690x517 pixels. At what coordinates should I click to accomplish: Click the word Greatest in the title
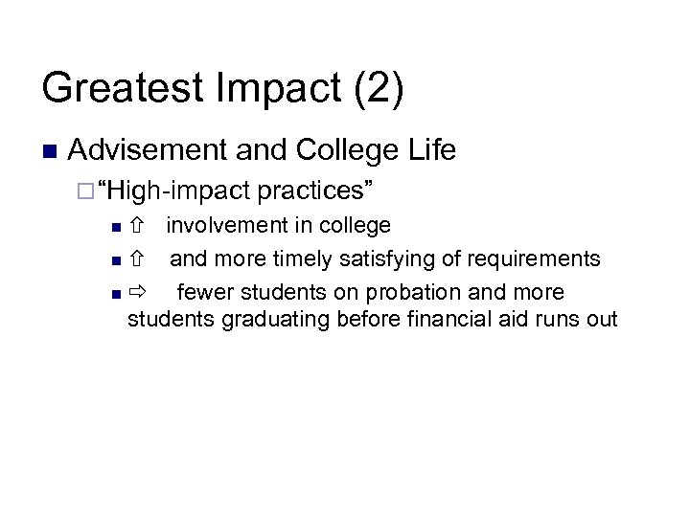coord(121,88)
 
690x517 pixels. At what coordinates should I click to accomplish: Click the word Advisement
coord(147,150)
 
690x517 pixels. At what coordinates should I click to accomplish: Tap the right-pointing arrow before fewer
coord(137,292)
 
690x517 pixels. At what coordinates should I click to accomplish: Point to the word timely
coord(304,258)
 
